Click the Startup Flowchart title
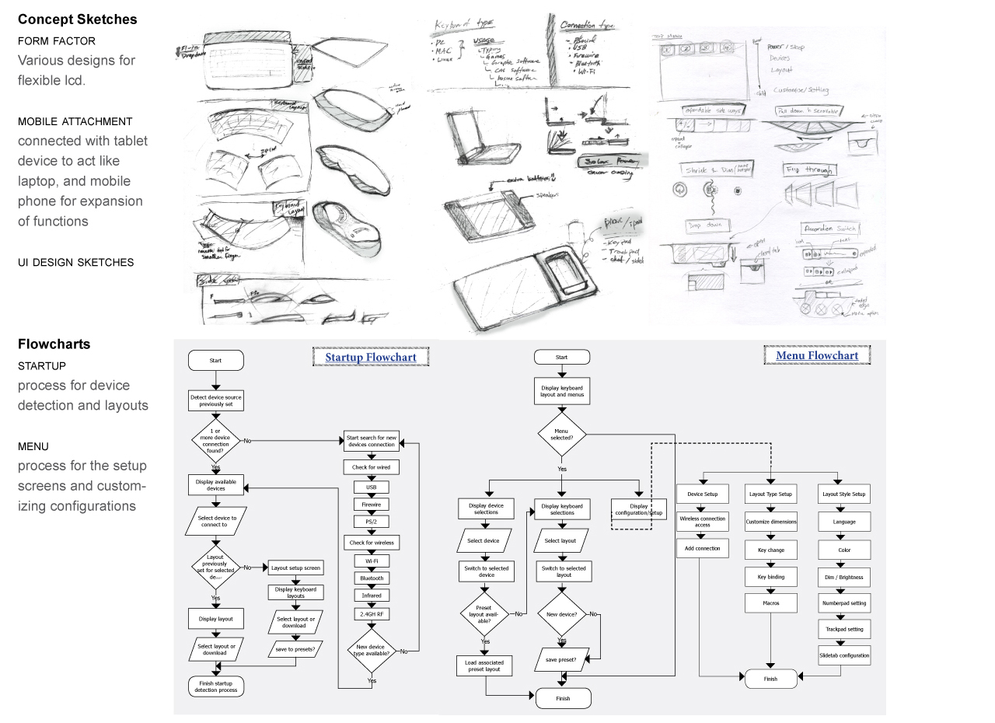point(371,358)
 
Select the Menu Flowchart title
point(817,356)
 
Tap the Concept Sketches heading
point(77,19)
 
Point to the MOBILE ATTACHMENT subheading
point(75,121)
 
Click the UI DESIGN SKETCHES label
point(76,262)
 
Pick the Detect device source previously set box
point(216,400)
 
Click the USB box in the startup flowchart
point(372,487)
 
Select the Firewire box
point(372,505)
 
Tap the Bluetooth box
point(372,578)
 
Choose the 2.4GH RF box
point(372,614)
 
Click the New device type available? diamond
point(372,651)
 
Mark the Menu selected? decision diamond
point(561,434)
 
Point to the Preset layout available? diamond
point(484,614)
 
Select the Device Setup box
point(703,494)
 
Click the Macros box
point(770,602)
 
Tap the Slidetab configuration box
point(844,655)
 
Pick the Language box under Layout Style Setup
point(844,522)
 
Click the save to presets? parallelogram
point(295,649)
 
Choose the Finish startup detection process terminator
point(216,686)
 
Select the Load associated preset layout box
point(484,665)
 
